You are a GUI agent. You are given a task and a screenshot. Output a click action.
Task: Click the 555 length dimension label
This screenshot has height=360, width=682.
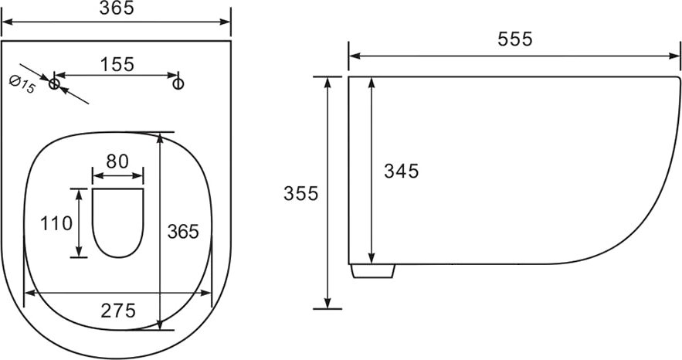click(x=515, y=39)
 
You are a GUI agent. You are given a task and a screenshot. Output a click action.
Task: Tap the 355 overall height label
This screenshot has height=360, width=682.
click(x=301, y=193)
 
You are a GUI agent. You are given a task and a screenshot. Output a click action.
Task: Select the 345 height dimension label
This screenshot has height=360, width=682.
click(x=401, y=172)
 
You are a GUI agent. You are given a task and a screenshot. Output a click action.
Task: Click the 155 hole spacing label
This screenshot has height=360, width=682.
click(x=117, y=64)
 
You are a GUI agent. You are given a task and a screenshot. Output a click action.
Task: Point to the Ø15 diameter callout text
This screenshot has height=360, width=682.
click(x=22, y=84)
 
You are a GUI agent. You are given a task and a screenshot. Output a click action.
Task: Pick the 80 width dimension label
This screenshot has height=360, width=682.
click(x=117, y=161)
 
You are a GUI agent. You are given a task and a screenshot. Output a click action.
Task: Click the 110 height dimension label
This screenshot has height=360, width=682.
click(x=56, y=224)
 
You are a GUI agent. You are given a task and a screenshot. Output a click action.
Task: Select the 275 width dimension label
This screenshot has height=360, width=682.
click(x=118, y=311)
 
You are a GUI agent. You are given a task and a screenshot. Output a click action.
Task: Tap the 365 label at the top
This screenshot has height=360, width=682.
click(x=117, y=8)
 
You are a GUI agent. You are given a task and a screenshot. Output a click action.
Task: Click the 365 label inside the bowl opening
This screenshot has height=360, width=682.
click(x=183, y=232)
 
